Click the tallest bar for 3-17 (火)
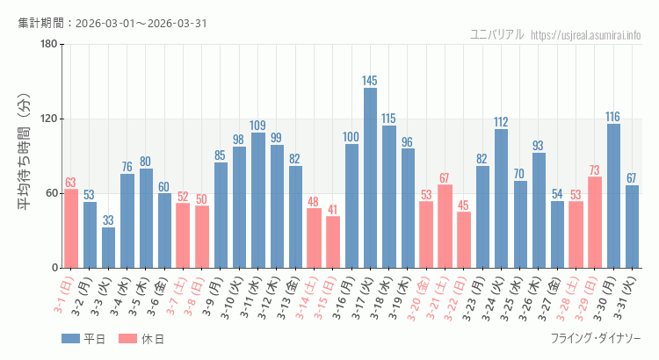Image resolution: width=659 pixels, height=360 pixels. (370, 177)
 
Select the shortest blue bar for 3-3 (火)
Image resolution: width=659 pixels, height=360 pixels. (108, 248)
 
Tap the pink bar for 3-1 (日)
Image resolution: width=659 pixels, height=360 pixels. (71, 228)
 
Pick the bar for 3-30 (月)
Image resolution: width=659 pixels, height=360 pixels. (613, 196)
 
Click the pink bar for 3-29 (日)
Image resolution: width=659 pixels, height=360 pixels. (595, 222)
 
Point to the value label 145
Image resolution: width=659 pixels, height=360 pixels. (370, 81)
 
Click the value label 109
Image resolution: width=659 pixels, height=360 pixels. (257, 126)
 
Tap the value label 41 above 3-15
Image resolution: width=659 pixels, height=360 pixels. (332, 210)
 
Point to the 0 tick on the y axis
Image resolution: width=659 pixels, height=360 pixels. (54, 268)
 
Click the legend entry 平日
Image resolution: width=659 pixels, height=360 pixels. (83, 339)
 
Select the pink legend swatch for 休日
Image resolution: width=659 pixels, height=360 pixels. (127, 339)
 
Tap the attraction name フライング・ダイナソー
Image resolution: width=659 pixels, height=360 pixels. (596, 339)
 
